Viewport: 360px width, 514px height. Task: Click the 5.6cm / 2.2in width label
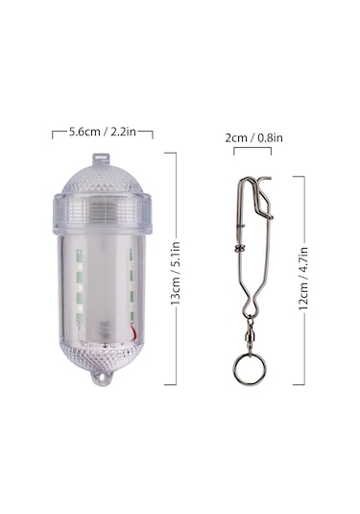pos(102,132)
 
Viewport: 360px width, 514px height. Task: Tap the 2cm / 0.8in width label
pos(253,137)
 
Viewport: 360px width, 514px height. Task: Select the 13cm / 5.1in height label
pos(176,273)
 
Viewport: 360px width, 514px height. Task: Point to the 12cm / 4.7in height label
pos(303,279)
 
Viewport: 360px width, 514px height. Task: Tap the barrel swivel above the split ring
pos(250,336)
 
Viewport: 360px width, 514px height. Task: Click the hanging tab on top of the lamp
pos(101,160)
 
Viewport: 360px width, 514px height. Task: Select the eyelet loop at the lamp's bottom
pos(101,379)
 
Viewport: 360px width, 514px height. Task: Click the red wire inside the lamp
pos(134,331)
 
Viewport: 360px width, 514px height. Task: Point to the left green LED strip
pos(80,287)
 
